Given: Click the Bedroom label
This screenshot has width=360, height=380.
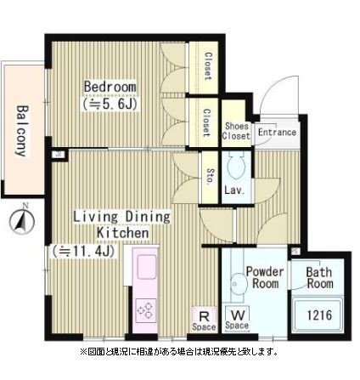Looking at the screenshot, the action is point(110,87).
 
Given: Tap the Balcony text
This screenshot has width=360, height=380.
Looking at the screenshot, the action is point(22,131).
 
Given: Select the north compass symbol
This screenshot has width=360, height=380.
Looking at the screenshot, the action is point(22,220).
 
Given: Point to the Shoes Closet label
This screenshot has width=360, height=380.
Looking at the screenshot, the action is point(236,131).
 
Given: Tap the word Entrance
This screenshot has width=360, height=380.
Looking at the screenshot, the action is point(277,132).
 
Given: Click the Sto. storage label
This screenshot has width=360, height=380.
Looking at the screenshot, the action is point(211,177).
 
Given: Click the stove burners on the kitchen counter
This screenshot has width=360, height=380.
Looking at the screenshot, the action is point(145,309).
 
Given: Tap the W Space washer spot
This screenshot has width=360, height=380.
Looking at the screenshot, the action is point(238,319).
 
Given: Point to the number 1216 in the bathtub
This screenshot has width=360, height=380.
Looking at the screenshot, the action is point(319,315).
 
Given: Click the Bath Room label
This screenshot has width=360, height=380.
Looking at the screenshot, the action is point(319,278).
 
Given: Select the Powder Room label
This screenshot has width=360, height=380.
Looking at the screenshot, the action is point(265,277).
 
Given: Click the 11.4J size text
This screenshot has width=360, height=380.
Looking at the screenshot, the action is point(82,251).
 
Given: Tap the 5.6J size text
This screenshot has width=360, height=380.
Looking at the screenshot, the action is point(110,105).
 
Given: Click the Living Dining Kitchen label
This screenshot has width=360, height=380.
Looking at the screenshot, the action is point(121,224).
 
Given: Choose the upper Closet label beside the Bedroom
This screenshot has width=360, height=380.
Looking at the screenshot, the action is point(208,66).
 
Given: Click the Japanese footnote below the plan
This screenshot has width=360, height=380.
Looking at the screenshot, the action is point(179,352).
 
